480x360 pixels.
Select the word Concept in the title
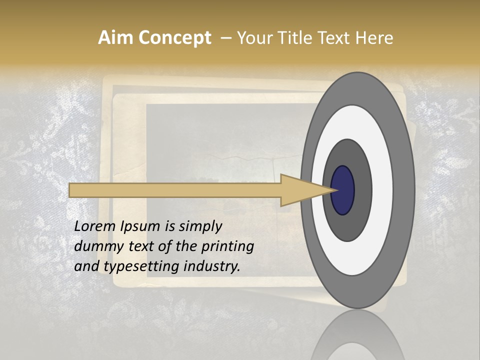pyautogui.click(x=174, y=38)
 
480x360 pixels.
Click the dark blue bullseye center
pyautogui.click(x=343, y=190)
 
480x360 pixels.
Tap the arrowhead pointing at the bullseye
pyautogui.click(x=305, y=190)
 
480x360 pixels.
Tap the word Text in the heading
pyautogui.click(x=337, y=37)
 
